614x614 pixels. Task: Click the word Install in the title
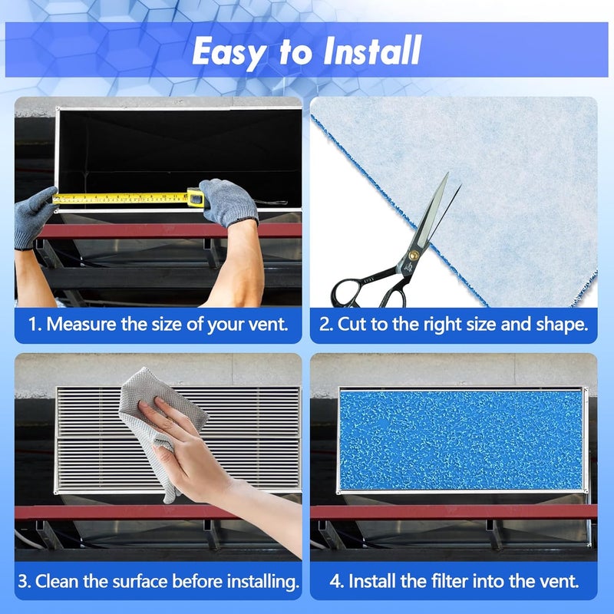pyautogui.click(x=372, y=50)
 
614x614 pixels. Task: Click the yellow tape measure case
pyautogui.click(x=196, y=197)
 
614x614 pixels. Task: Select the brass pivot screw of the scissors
pyautogui.click(x=413, y=256)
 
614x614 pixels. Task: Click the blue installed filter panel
pyautogui.click(x=461, y=440)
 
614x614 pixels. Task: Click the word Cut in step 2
pyautogui.click(x=352, y=324)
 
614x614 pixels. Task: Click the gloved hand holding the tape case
pyautogui.click(x=229, y=203)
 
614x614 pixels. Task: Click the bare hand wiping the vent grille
pyautogui.click(x=184, y=451)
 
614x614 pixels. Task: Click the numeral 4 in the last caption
pyautogui.click(x=335, y=582)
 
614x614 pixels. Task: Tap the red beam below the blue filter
pyautogui.click(x=454, y=512)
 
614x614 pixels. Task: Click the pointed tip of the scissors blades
pyautogui.click(x=447, y=173)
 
